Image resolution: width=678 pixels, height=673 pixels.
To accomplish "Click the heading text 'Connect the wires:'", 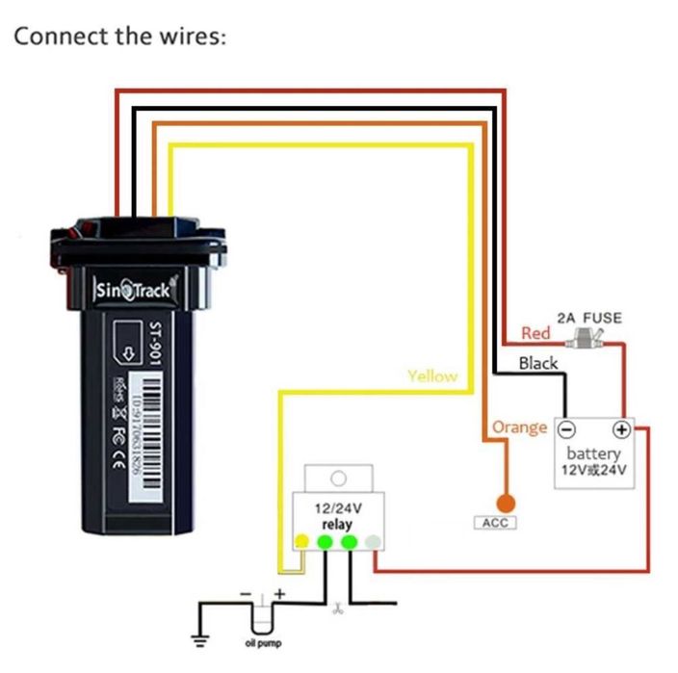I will [119, 37].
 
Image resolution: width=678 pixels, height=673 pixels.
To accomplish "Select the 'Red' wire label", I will [535, 333].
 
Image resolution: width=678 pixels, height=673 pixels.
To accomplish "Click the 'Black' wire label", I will [537, 363].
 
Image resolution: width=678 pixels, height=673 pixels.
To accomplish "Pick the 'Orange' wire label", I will [519, 427].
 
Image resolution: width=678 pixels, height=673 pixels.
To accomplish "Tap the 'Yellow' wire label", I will [432, 375].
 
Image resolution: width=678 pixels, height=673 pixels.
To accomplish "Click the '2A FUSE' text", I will [589, 318].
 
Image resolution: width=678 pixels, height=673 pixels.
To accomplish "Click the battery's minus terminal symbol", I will [567, 428].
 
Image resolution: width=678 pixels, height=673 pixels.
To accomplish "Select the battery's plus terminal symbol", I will [622, 428].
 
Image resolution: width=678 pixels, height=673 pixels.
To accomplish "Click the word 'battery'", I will [593, 453].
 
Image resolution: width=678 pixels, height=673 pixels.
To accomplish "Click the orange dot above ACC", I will [504, 502].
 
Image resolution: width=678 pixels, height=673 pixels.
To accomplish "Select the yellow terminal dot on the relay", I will [301, 542].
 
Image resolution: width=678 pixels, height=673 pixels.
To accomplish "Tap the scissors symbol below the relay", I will [336, 608].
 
